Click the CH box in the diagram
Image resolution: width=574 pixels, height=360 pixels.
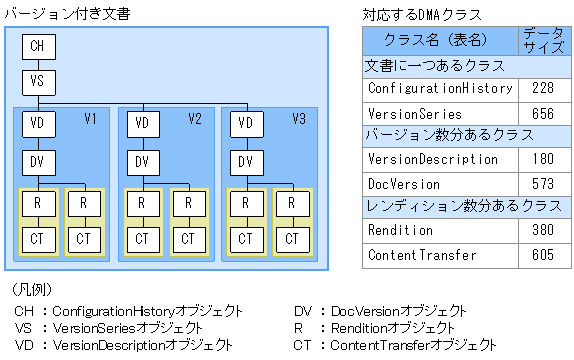tap(37, 46)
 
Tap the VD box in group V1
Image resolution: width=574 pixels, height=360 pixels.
tap(37, 124)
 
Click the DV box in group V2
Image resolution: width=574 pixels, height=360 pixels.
tap(142, 162)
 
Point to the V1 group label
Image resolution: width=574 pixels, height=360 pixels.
tap(90, 120)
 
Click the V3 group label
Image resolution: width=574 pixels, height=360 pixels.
tap(299, 120)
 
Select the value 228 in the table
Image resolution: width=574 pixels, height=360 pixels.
tap(543, 88)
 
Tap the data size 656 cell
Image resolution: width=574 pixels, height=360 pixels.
tap(543, 113)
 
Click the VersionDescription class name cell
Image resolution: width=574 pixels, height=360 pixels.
tap(432, 159)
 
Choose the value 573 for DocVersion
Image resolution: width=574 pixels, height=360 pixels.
tap(543, 184)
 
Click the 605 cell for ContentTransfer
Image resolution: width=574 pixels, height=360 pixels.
tap(543, 255)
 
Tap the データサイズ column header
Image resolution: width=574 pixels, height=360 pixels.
tap(543, 40)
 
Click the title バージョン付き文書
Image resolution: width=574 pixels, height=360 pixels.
tap(66, 12)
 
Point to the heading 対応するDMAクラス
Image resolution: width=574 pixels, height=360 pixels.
tap(422, 14)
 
